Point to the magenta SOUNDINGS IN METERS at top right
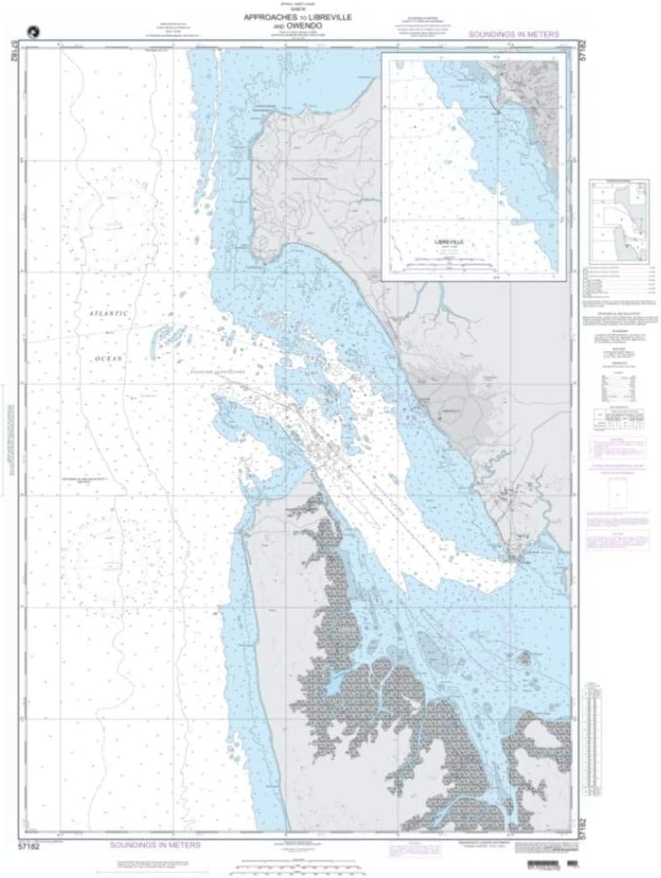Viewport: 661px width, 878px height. tap(514, 34)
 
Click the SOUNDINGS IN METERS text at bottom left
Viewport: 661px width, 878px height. tap(155, 844)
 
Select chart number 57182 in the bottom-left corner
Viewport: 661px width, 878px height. tap(28, 845)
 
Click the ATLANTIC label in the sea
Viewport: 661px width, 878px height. tap(108, 314)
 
